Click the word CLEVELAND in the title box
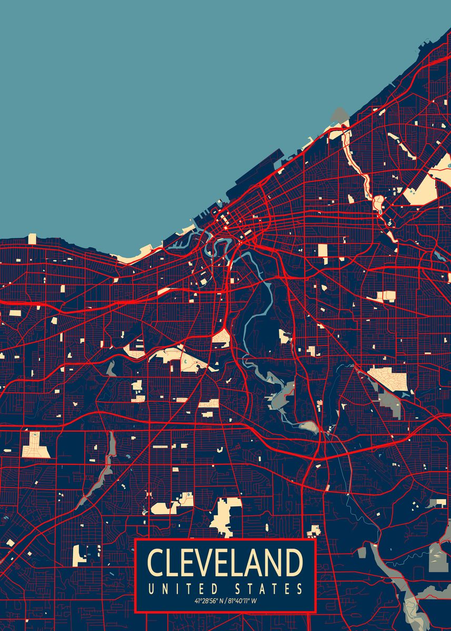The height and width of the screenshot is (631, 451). (x=225, y=562)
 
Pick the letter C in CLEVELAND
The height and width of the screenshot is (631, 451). (x=156, y=562)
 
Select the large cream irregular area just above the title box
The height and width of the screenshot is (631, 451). (x=224, y=515)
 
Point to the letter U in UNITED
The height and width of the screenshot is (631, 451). (x=152, y=588)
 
